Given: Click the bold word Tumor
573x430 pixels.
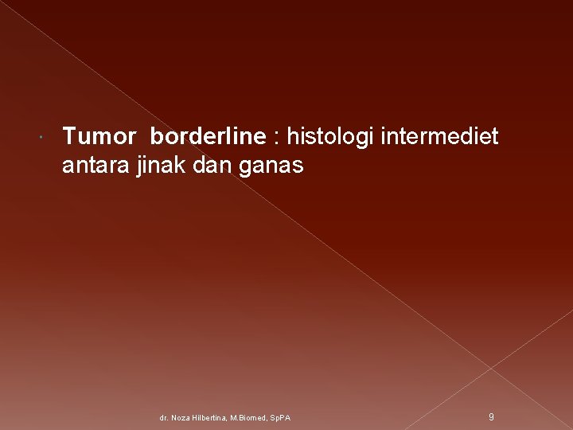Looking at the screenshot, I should [99, 137].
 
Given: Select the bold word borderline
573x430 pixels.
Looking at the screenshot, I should [207, 137].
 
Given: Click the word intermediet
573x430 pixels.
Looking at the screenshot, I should [440, 137].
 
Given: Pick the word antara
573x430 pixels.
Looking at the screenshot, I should [90, 166].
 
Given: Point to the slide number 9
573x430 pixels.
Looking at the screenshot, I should [491, 416].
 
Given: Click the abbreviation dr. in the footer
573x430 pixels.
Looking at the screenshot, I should [164, 417].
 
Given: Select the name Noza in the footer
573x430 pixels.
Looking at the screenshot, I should [181, 417].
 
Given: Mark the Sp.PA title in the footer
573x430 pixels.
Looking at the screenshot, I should [281, 417].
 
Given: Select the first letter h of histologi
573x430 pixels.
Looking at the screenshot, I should [292, 137].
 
